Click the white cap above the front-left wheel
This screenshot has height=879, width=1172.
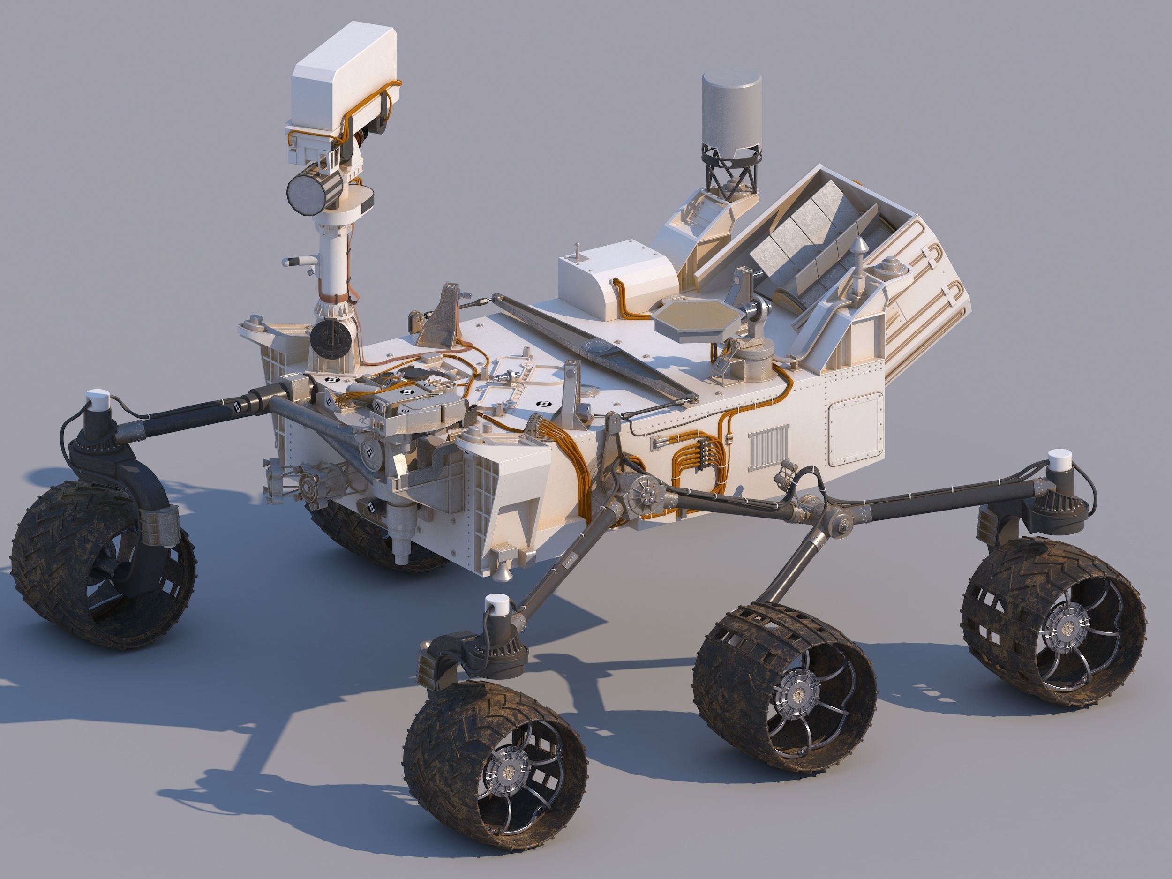pos(98,398)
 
